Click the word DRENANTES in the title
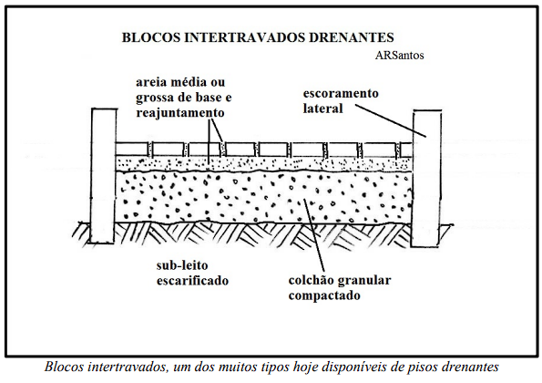352,37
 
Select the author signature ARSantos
400,56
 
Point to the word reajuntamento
180,113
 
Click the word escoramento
341,93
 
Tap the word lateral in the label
322,109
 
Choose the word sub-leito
182,265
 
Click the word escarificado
192,281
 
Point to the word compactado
324,295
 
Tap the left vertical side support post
103,176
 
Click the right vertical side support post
427,179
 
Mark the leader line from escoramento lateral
391,120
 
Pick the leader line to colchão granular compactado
314,235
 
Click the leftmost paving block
132,149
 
